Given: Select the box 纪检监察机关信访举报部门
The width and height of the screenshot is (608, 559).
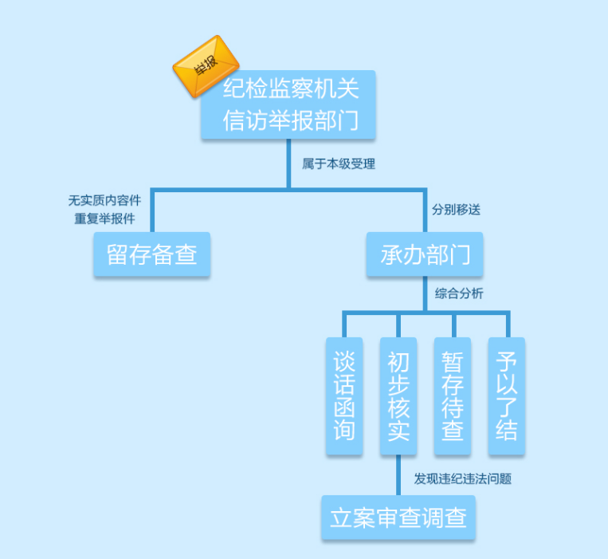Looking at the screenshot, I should coord(289,104).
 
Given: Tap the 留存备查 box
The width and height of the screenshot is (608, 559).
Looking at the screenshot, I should coord(151,254).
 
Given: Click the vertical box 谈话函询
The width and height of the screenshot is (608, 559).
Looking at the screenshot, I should coord(344,396).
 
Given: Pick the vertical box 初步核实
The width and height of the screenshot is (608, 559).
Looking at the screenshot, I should coord(398,396).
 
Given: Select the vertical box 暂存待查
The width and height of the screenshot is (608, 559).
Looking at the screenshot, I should coord(453,396).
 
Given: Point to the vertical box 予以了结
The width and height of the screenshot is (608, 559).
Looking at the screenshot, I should coord(506,396).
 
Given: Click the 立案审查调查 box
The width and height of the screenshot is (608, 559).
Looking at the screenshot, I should coord(398,518).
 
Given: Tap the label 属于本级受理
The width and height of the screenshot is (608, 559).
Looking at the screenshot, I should coord(338,164).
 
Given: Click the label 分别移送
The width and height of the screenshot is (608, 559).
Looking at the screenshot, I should coord(456,211).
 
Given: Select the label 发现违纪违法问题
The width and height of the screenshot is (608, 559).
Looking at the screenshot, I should coord(462,479).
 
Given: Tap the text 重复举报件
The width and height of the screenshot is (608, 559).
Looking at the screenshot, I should coord(104,218).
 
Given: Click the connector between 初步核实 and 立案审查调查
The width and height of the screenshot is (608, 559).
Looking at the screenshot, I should coord(398,476).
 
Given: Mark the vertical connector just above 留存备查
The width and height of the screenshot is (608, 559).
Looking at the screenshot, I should coord(151,211).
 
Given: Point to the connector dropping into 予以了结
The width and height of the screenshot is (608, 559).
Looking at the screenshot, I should coord(508,325).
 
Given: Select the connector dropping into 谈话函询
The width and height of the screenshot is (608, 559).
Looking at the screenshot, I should coord(345,325).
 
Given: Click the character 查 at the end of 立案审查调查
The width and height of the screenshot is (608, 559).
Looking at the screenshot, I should coord(456,518).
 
